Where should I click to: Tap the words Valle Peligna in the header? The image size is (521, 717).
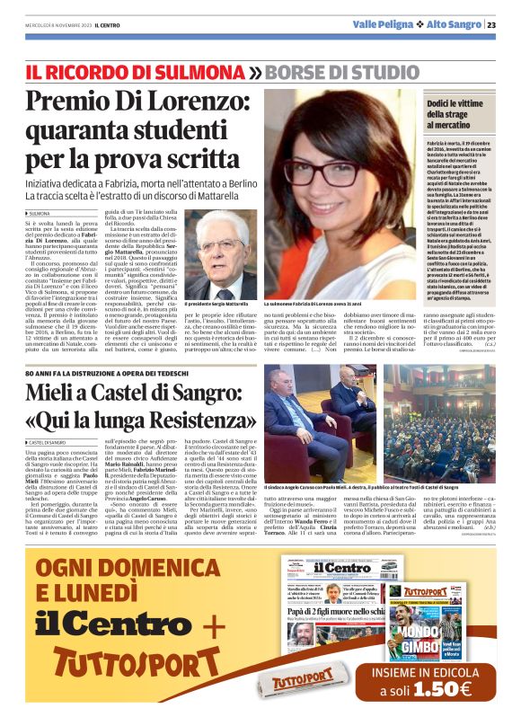tap(384, 24)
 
